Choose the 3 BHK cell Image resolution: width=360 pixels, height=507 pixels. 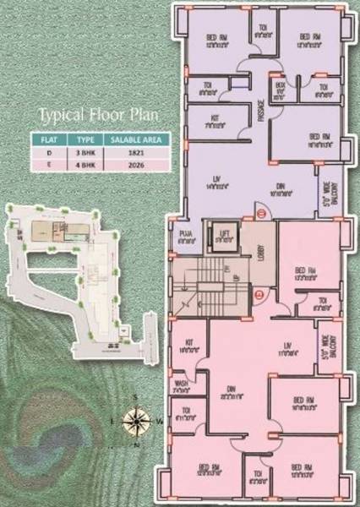85,151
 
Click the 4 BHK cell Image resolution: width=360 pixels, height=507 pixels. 85,165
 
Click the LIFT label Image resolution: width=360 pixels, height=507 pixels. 224,232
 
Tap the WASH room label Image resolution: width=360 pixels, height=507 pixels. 181,383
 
